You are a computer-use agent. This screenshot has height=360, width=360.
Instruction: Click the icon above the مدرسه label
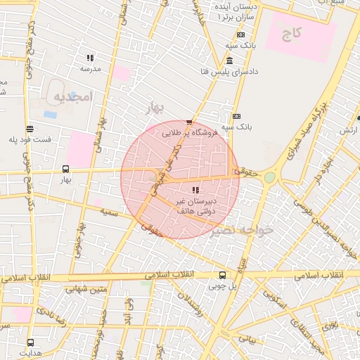(90, 58)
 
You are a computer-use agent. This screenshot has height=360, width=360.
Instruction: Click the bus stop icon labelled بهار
(65, 169)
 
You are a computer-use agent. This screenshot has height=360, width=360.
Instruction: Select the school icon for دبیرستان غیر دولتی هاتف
(195, 190)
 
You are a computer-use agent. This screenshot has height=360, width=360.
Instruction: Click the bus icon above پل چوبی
(223, 275)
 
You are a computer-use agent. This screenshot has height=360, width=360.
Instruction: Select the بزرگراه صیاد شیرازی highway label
(304, 131)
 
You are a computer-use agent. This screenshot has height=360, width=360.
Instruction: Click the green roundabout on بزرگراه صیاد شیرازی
(269, 178)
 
